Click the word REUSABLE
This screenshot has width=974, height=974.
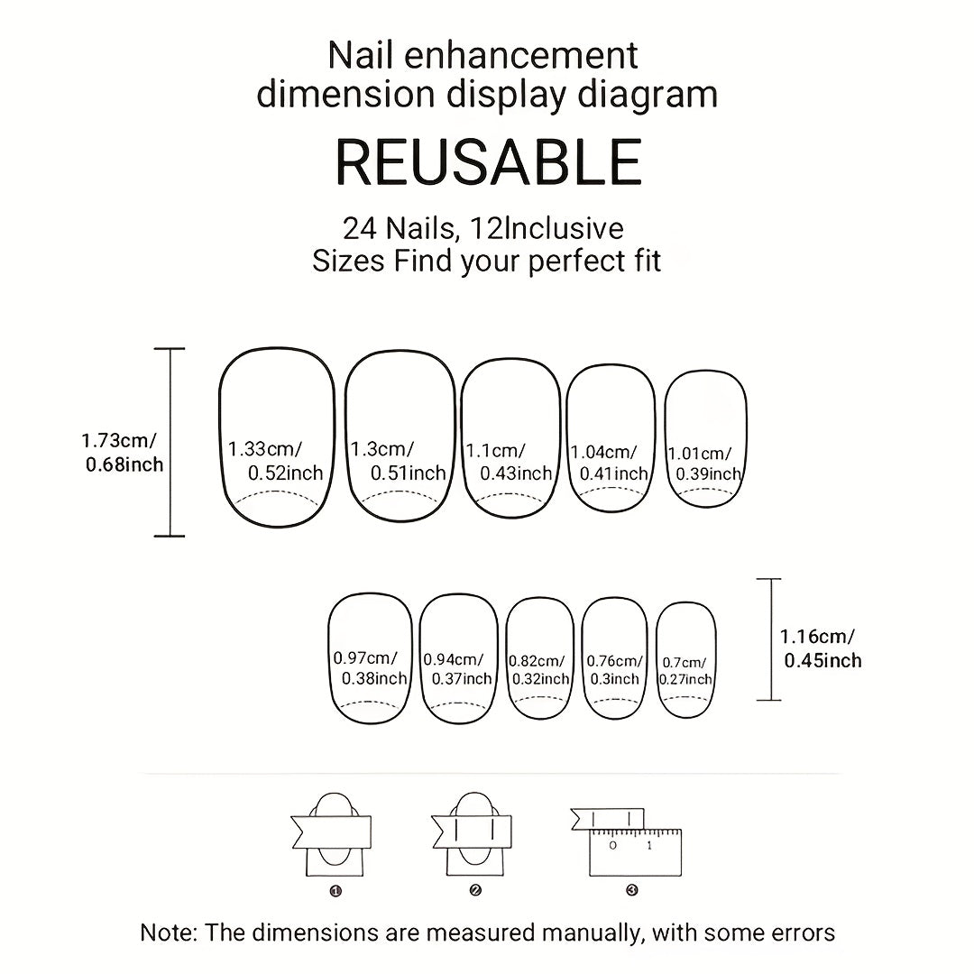pos(488,162)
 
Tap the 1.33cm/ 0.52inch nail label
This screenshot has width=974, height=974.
pos(275,460)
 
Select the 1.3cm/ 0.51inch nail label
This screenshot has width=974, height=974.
pos(399,460)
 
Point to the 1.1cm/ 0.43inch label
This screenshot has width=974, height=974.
pos(509,462)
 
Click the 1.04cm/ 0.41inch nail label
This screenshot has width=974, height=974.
pos(610,463)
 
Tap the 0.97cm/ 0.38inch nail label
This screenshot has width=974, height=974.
pos(371,667)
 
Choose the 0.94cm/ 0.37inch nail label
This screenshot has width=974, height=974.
pos(458,669)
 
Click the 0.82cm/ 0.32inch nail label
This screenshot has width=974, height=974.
pos(539,670)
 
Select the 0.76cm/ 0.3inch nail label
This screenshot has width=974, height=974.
pos(615,670)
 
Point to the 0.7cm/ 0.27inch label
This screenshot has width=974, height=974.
pos(685,671)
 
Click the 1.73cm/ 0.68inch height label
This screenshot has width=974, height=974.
pos(123,452)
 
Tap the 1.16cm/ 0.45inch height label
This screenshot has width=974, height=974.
pos(821,648)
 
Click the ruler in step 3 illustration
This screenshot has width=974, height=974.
pos(635,851)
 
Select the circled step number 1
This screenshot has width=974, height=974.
pos(336,891)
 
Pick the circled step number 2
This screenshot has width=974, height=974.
pos(475,891)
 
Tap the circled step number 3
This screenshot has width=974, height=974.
pos(632,890)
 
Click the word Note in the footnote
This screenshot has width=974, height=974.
pos(167,933)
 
